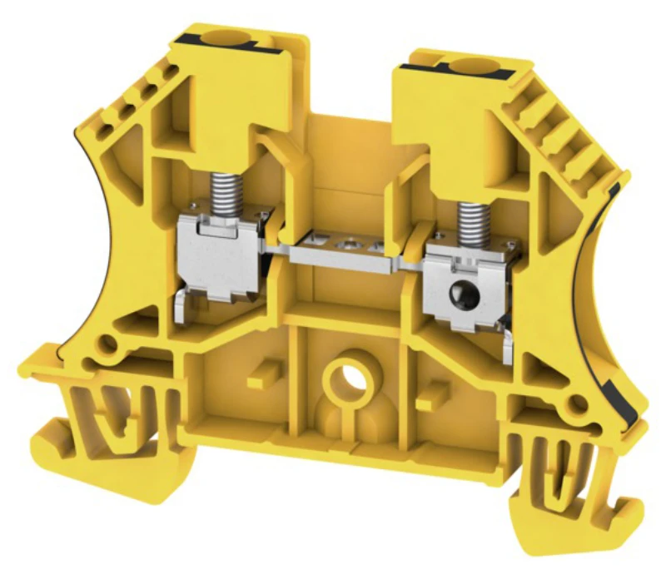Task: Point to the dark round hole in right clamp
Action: [x=459, y=294]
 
